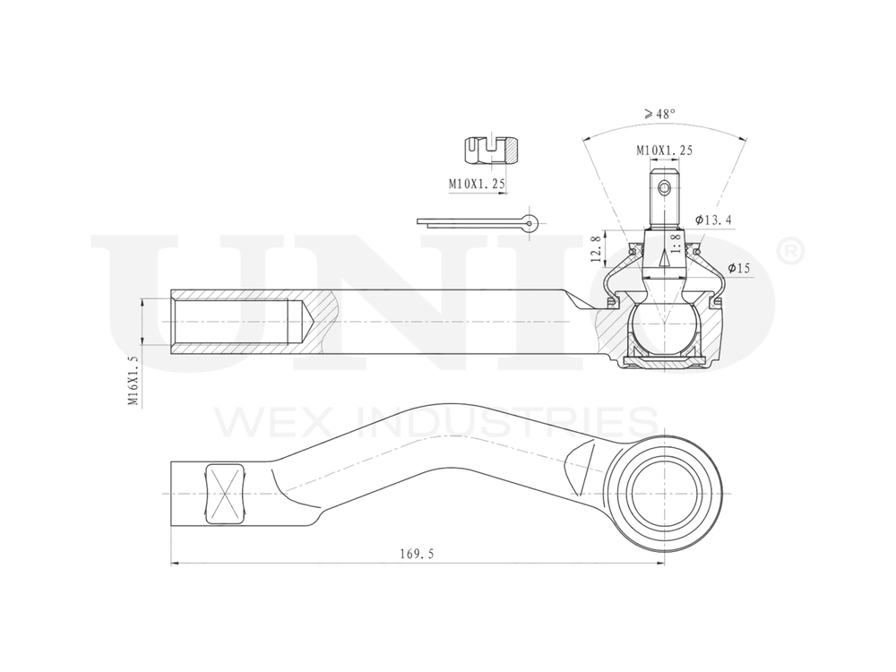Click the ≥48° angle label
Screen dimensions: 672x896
[659, 114]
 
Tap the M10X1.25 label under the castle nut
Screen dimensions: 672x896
[477, 184]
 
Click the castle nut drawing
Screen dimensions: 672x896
[493, 150]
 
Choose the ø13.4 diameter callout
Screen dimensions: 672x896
[714, 220]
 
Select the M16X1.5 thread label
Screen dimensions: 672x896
[133, 381]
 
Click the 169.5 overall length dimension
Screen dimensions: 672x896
[417, 555]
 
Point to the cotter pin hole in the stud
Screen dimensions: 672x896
[663, 188]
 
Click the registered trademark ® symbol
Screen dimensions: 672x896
[790, 252]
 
